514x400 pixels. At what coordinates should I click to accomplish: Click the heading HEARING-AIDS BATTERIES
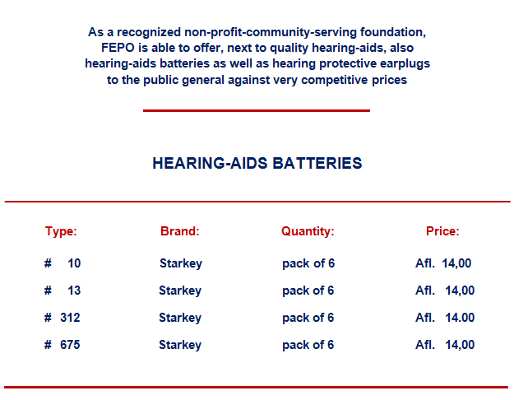click(x=257, y=163)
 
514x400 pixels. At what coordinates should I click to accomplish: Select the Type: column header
click(x=61, y=231)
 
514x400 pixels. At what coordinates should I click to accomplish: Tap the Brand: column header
click(x=180, y=231)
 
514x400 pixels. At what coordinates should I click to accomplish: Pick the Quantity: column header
click(x=308, y=231)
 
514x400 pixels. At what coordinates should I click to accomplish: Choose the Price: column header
click(x=442, y=231)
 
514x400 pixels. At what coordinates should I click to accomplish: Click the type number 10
click(x=74, y=263)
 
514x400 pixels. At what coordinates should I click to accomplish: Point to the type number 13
click(x=74, y=291)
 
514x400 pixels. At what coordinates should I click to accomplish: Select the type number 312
click(x=70, y=318)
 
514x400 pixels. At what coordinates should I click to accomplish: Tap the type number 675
click(x=70, y=345)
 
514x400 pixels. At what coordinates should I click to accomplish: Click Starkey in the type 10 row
click(x=181, y=263)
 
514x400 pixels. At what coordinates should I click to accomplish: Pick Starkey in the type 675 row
click(x=180, y=345)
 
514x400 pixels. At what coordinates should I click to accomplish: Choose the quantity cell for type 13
click(x=308, y=291)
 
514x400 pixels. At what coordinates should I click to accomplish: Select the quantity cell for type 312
click(x=308, y=318)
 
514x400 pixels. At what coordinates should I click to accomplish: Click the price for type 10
click(x=443, y=263)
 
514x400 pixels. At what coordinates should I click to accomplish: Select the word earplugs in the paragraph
click(x=403, y=63)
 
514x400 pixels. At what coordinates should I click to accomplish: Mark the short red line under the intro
click(x=257, y=110)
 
